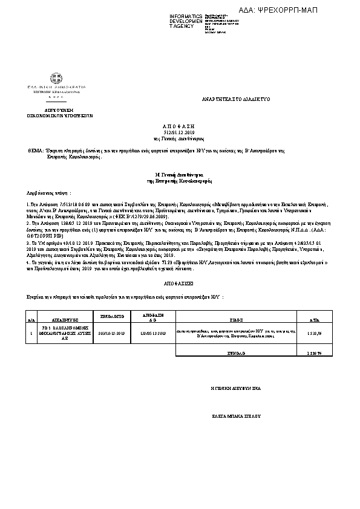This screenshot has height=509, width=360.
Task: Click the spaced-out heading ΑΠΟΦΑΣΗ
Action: [x=180, y=125]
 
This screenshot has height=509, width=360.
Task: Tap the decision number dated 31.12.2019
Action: [x=180, y=131]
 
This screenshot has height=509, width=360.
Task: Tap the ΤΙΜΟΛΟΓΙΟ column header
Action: [x=111, y=316]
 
